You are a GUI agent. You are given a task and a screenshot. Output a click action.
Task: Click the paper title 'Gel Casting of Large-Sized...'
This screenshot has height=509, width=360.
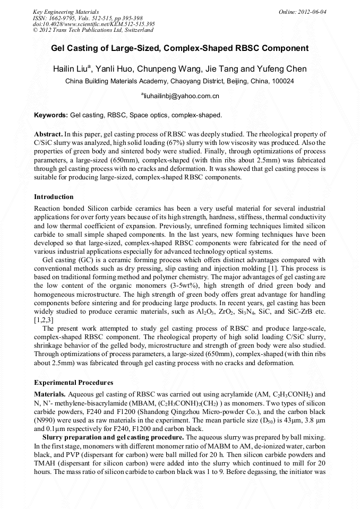click(x=179, y=48)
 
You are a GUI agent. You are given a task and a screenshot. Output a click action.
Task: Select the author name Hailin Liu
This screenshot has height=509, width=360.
click(x=72, y=69)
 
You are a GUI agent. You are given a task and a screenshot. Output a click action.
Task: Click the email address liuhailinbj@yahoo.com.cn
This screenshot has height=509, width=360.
click(x=180, y=96)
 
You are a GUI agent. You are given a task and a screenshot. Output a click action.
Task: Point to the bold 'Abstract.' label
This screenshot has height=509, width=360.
click(x=48, y=135)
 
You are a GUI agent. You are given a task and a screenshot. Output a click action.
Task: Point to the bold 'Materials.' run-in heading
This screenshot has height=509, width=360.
click(x=50, y=394)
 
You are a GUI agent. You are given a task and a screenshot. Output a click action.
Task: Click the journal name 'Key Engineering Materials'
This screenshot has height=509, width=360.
click(x=66, y=12)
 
